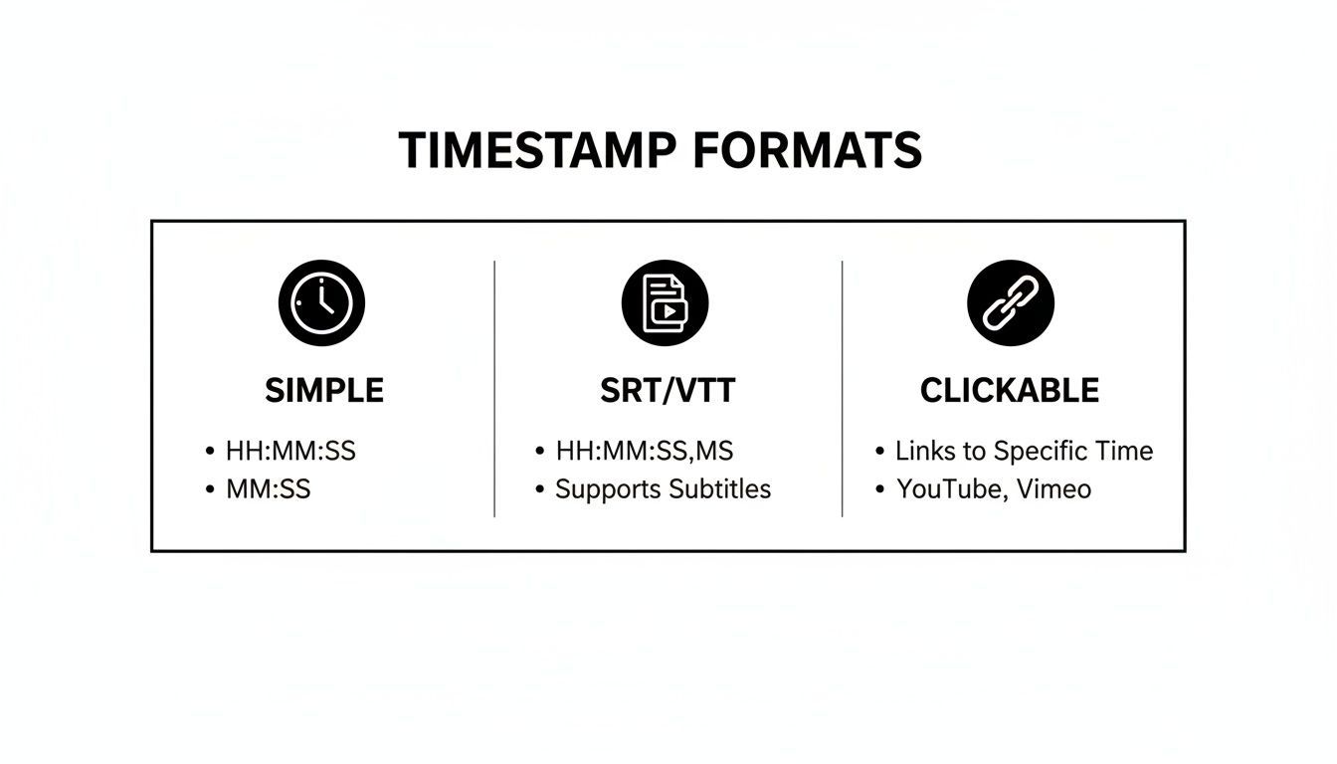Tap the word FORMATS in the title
pos(807,150)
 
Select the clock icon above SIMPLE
pos(321,302)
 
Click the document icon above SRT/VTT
pos(665,302)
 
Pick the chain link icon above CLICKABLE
pos(1010,302)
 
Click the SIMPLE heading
pos(324,390)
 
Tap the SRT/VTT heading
pos(668,390)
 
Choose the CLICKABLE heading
pos(1010,390)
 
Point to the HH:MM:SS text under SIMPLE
pos(290,451)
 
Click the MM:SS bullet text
pos(268,489)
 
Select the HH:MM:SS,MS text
pos(644,451)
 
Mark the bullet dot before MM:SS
pos(210,489)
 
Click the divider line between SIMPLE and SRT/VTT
pos(494,388)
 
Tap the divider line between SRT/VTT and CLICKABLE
pos(843,388)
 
